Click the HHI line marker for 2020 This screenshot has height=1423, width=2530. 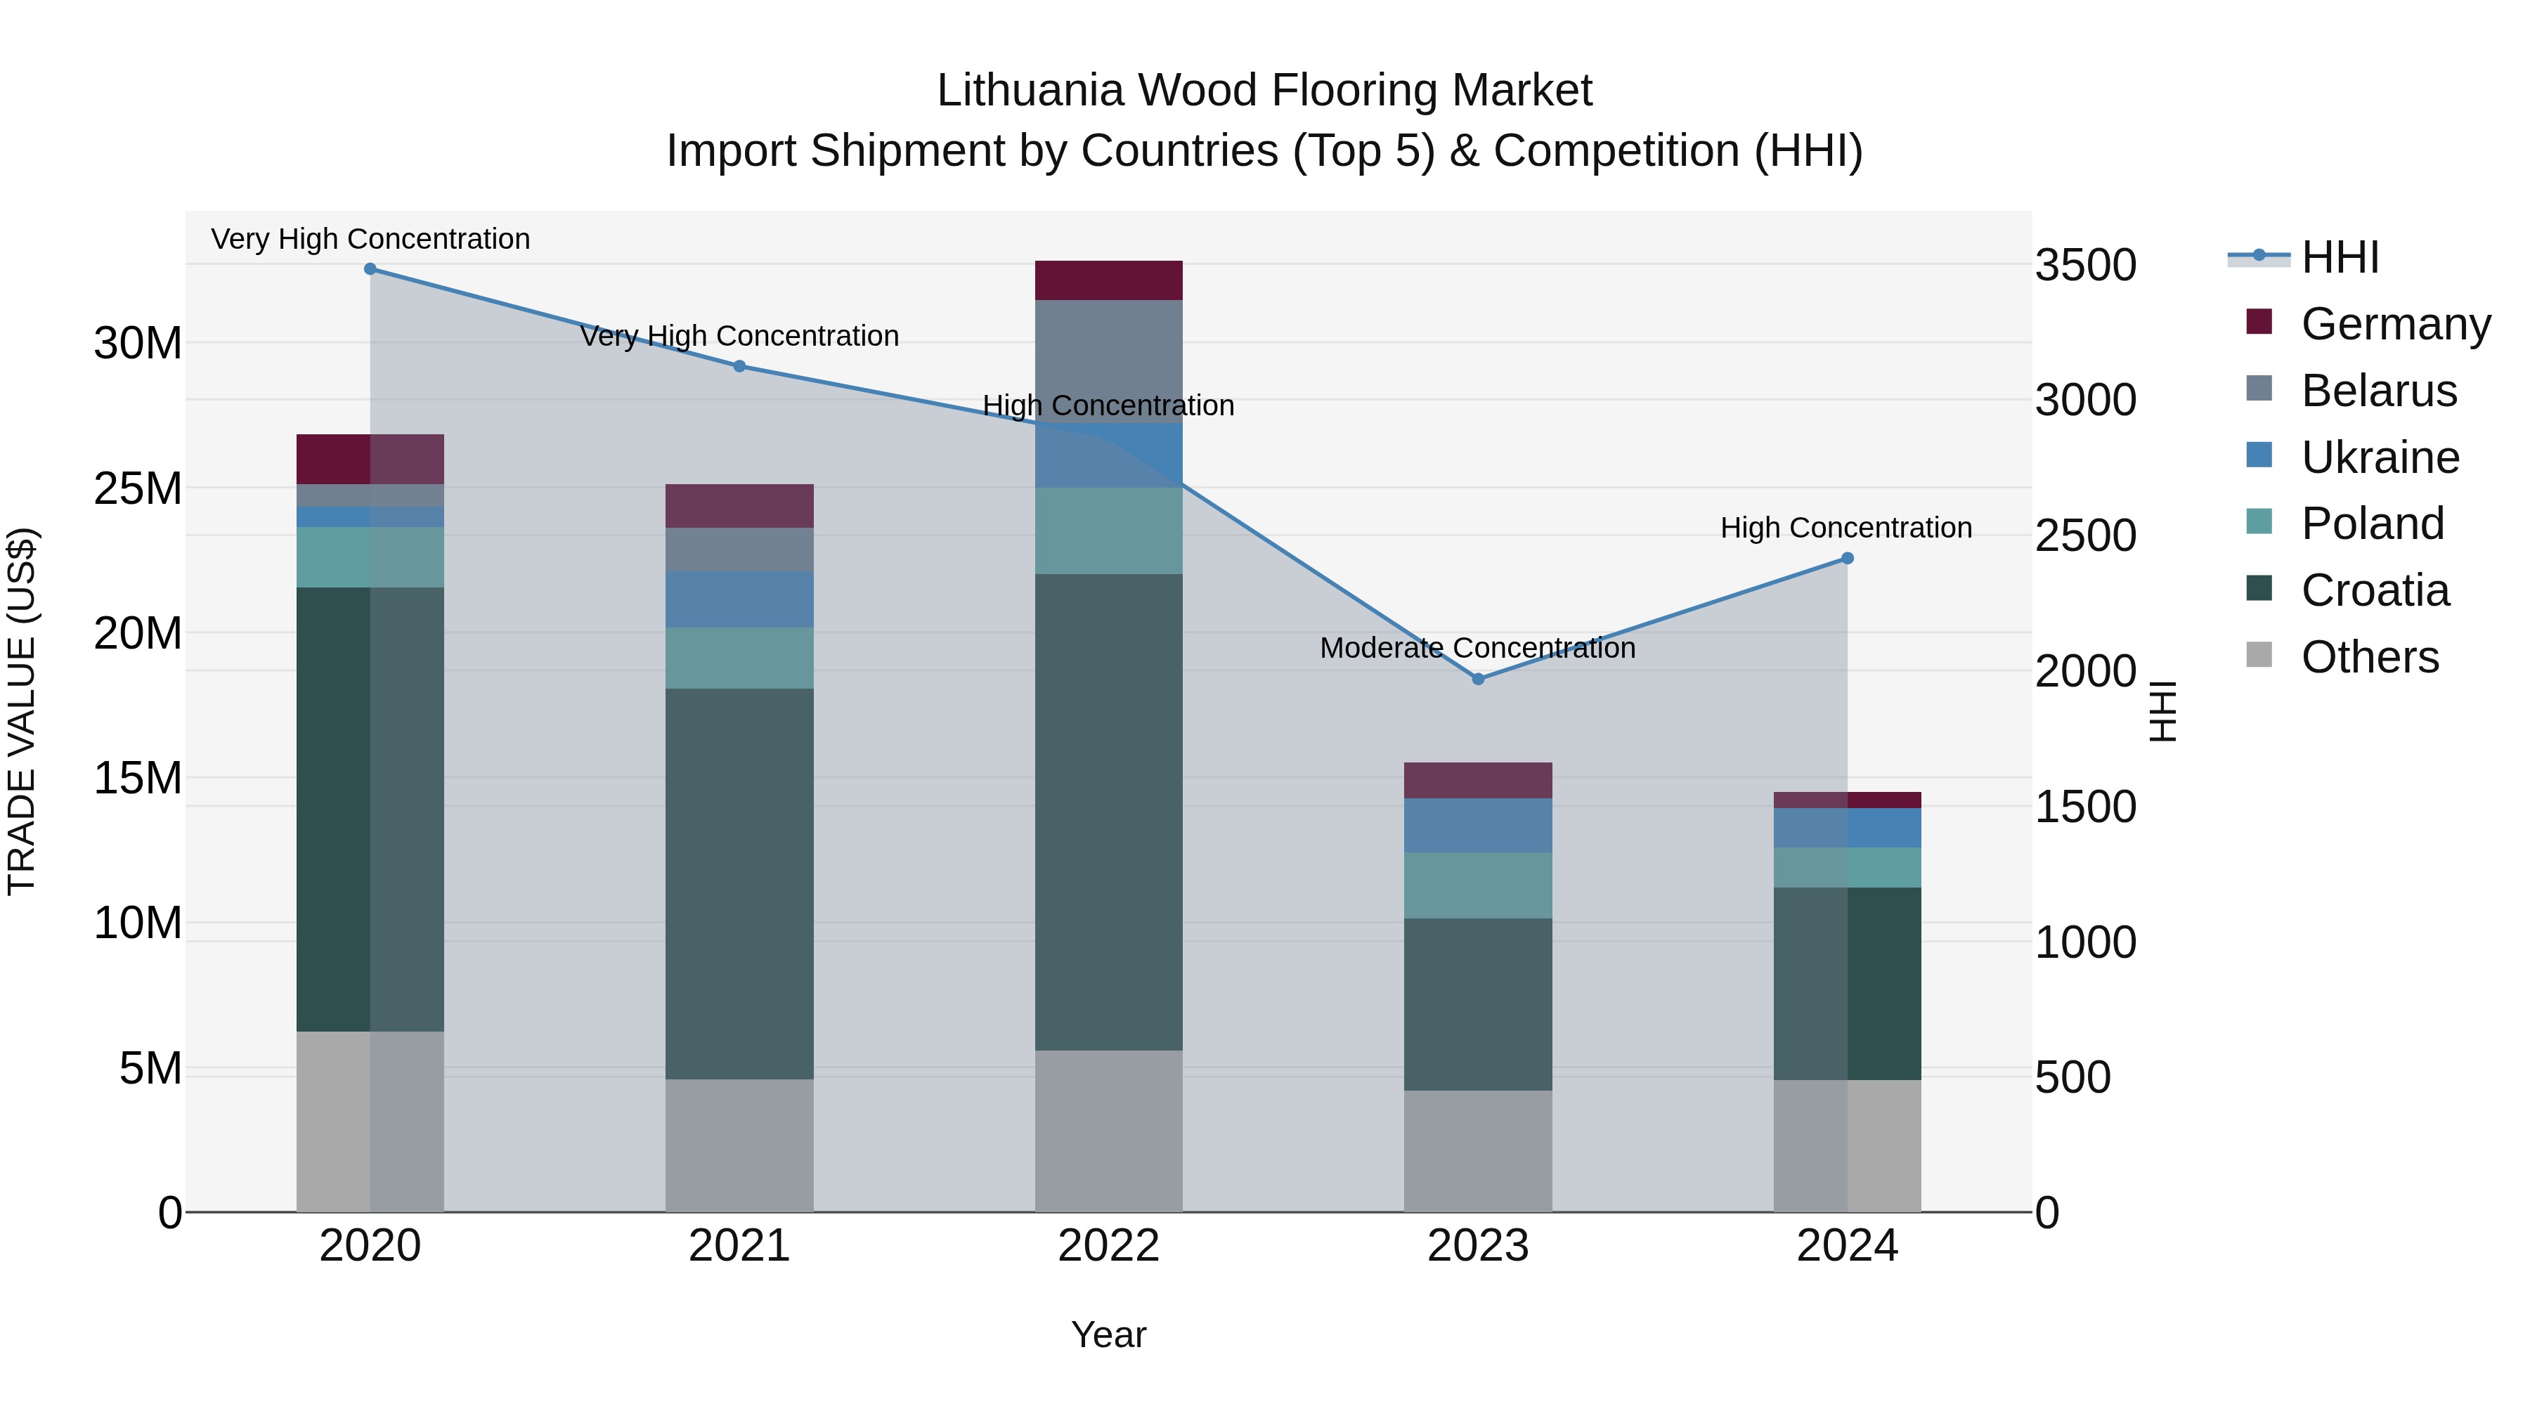[370, 269]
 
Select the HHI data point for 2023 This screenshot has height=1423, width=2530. [1478, 679]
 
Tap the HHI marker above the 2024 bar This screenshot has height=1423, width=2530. [1848, 558]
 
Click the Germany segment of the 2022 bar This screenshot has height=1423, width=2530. [1109, 281]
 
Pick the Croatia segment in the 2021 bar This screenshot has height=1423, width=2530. [739, 884]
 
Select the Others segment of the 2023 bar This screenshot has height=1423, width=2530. [1478, 1151]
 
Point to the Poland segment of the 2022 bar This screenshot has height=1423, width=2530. [1109, 531]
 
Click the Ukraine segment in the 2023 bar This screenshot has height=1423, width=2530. [1478, 825]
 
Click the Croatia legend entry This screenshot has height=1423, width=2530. [2374, 590]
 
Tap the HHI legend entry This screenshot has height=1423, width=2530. [2340, 257]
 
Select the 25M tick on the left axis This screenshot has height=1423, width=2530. [138, 488]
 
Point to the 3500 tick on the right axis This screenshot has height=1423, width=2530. [2085, 265]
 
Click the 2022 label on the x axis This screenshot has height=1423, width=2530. [1109, 1246]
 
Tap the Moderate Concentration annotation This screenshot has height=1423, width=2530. [1477, 648]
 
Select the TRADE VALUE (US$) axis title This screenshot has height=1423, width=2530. [22, 711]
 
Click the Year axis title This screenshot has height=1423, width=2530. [1109, 1334]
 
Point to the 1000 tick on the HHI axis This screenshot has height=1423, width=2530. [2085, 943]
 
